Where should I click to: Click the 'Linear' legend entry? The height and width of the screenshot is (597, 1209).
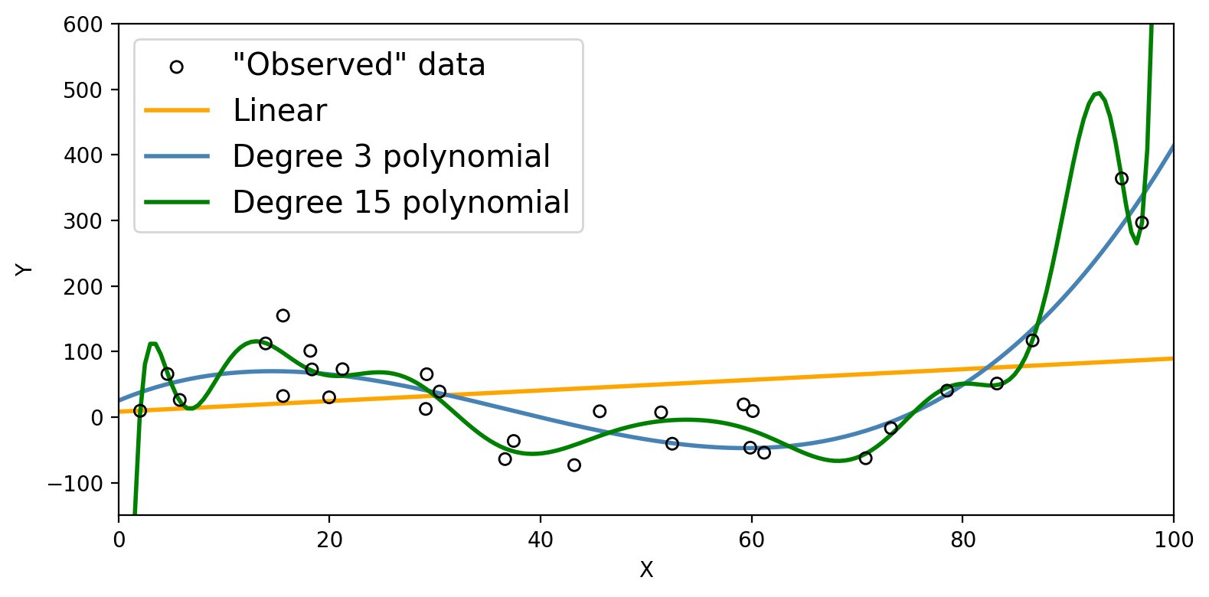point(279,111)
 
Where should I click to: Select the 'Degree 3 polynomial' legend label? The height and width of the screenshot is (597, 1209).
point(391,157)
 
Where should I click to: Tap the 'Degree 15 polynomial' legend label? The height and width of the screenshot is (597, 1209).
point(401,203)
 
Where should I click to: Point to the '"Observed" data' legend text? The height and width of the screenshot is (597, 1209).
point(359,65)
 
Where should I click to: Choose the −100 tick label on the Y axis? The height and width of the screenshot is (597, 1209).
point(80,484)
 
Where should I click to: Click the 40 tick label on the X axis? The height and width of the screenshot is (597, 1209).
point(541,540)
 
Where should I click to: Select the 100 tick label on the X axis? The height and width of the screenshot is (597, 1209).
point(1173,540)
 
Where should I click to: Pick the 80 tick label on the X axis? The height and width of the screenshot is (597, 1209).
point(962,540)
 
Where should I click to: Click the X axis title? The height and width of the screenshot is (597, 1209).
point(646,570)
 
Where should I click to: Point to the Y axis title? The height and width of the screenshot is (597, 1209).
point(25,269)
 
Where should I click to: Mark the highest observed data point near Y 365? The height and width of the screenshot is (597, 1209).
point(1122,179)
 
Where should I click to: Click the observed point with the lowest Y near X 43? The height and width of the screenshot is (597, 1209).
point(574,465)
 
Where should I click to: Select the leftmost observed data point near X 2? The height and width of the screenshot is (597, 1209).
point(139,411)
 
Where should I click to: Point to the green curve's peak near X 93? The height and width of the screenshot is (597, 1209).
point(1098,93)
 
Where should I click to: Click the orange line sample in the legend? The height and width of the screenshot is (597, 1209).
point(176,111)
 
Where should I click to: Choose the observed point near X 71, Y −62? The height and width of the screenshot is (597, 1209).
point(866,458)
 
